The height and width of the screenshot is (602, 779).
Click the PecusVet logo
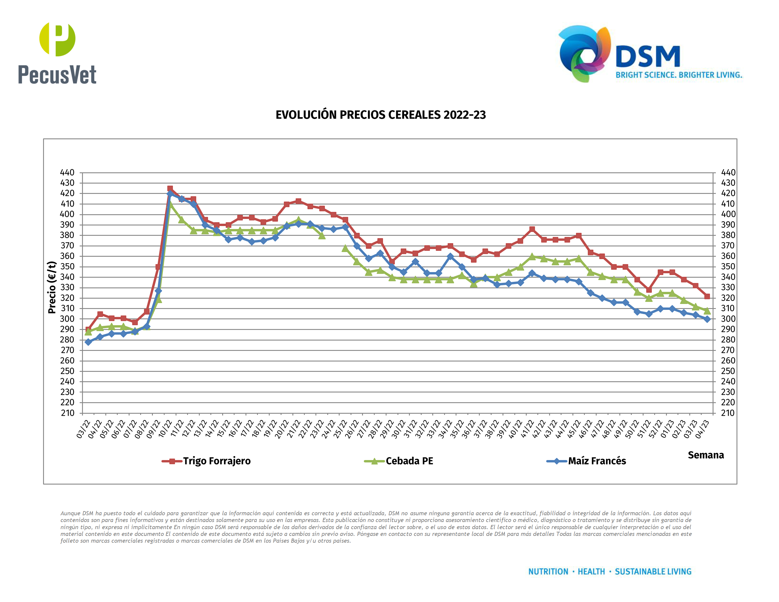(57, 53)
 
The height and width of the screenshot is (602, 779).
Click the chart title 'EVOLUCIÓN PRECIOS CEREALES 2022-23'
(381, 115)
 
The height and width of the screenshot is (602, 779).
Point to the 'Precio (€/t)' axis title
(52, 287)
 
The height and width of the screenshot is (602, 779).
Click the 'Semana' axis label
(706, 455)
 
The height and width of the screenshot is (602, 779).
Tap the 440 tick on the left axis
(67, 173)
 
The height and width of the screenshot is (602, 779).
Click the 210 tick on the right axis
(728, 413)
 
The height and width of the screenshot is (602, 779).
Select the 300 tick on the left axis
(67, 319)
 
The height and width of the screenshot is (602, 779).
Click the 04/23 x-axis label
(702, 429)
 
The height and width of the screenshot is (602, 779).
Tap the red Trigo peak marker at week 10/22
(170, 188)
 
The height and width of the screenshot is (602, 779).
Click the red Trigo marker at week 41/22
(532, 229)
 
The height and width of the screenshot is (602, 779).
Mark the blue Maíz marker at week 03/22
(89, 342)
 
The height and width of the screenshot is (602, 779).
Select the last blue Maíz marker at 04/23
(707, 319)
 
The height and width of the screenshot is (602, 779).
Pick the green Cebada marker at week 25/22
(345, 248)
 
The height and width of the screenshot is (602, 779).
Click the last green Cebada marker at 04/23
(707, 311)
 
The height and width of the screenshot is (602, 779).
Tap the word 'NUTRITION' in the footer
(548, 572)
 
